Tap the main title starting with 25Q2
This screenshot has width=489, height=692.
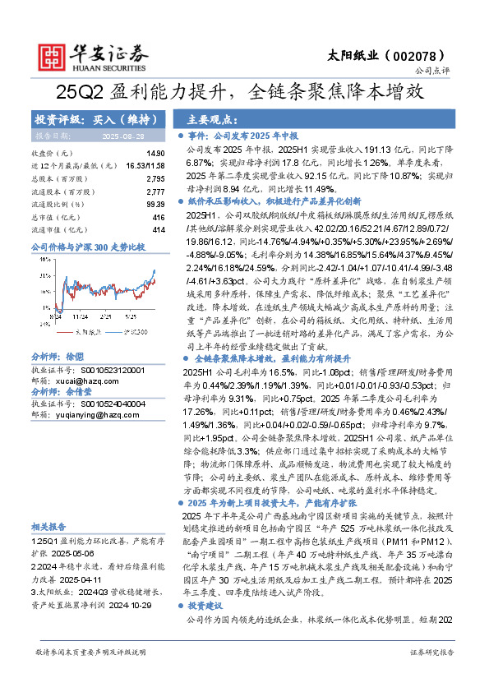[243, 93]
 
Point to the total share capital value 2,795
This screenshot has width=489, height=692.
[155, 178]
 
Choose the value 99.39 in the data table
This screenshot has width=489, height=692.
[155, 203]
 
